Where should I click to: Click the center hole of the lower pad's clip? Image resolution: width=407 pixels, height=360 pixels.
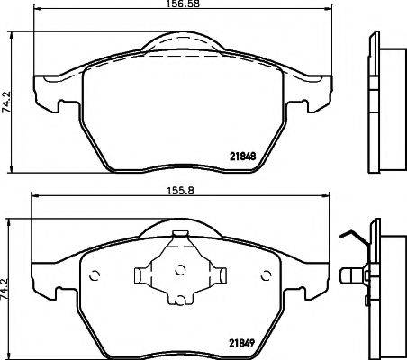(179, 269)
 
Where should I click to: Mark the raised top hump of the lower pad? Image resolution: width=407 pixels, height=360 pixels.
(180, 227)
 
